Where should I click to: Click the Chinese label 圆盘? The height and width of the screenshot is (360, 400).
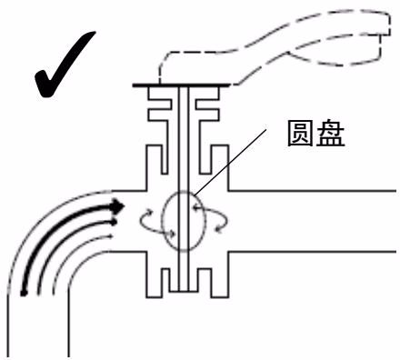315,134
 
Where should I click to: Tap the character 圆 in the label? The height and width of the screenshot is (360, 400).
300,134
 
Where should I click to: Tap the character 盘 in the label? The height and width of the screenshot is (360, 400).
331,134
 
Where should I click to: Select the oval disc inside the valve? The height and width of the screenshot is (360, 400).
163,221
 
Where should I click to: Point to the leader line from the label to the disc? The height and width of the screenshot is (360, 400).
231,162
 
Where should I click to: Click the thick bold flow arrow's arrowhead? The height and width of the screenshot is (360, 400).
118,206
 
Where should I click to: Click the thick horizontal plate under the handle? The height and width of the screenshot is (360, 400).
181,85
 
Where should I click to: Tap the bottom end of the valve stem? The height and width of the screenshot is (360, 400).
183,289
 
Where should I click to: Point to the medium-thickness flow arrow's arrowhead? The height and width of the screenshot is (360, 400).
114,223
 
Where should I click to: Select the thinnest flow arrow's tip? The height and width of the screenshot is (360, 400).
112,235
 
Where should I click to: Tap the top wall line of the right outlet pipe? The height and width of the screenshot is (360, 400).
313,191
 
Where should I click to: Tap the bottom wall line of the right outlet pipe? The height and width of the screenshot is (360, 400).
313,252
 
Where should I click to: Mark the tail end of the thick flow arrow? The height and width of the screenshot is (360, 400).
24,293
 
